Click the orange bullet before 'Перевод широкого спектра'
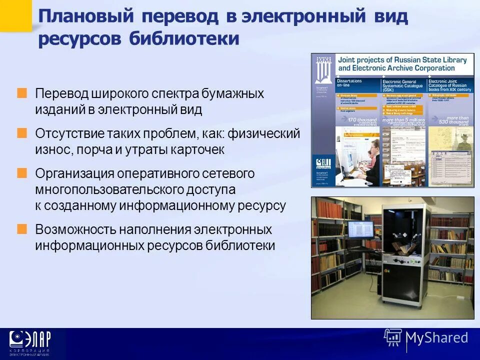[22, 93]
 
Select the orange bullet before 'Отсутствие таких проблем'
[22, 133]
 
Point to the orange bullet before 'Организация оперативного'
[22, 173]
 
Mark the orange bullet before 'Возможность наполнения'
[22, 229]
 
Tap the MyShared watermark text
[437, 337]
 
